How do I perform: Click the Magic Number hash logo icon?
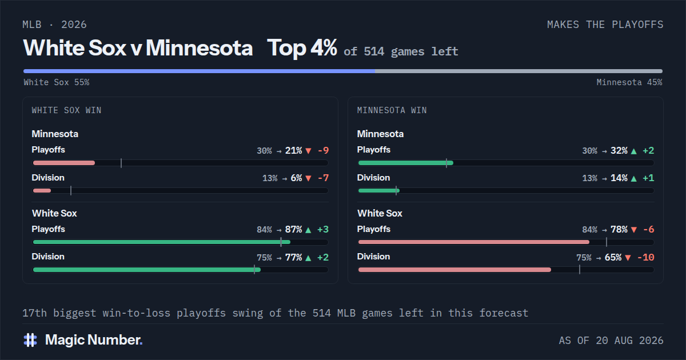pos(30,340)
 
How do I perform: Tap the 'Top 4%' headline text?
pos(302,48)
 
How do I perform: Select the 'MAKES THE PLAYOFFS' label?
pos(605,25)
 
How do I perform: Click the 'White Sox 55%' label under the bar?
pos(57,82)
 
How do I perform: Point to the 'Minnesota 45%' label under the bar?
pos(629,82)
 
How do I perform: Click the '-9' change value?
pos(324,151)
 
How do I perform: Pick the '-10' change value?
pos(645,258)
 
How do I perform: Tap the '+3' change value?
pos(323,230)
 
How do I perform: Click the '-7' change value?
pos(324,178)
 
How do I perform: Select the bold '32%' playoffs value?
pos(619,151)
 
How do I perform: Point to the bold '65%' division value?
pos(613,258)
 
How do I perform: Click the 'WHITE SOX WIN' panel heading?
pos(66,110)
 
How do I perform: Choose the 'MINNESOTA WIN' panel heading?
pos(392,110)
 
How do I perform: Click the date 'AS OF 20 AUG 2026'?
pos(611,341)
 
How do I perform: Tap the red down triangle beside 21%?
pos(308,151)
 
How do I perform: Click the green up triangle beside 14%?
pos(633,178)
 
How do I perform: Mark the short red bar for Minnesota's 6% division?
pos(42,191)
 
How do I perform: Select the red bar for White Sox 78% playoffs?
pos(474,242)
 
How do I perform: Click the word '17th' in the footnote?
pos(35,313)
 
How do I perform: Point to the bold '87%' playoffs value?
pos(293,230)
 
